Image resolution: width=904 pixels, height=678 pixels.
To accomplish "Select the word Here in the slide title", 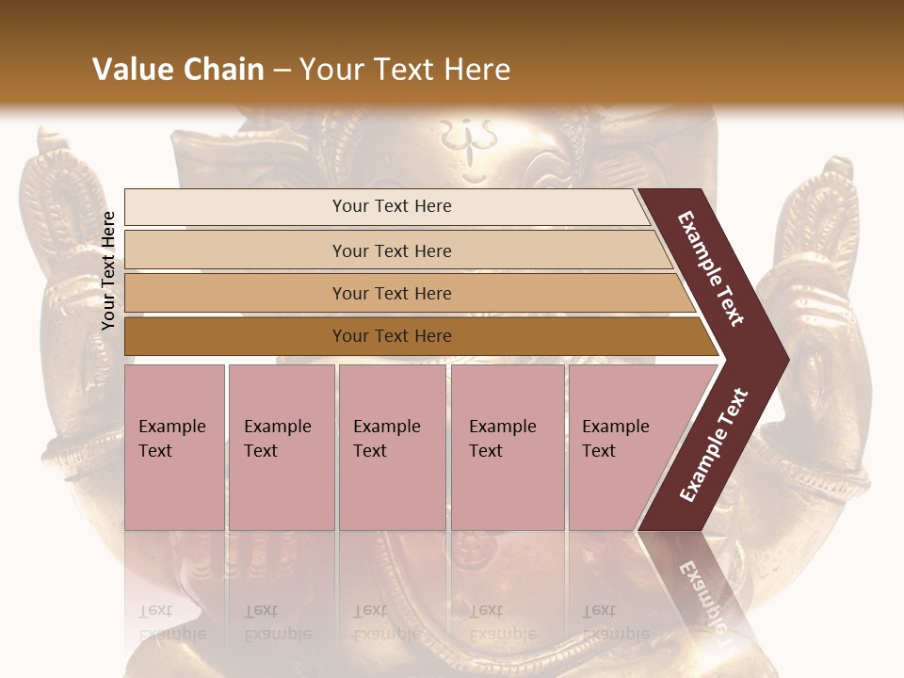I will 476,70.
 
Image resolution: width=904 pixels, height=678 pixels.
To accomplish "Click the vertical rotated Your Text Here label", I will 108,270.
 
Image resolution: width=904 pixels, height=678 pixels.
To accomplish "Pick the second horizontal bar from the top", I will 391,250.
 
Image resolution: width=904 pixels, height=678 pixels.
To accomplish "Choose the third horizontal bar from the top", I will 391,293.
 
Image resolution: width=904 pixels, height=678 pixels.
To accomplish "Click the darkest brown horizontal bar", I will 391,336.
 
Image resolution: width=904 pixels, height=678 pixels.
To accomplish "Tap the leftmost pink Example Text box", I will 174,446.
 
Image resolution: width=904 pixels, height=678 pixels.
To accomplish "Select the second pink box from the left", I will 281,446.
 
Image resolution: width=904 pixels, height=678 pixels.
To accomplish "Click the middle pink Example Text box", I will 392,446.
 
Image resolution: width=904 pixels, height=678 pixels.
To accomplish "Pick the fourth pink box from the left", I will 507,446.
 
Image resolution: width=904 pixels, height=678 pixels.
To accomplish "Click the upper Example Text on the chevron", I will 711,268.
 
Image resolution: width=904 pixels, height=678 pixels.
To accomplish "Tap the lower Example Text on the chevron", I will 714,445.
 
